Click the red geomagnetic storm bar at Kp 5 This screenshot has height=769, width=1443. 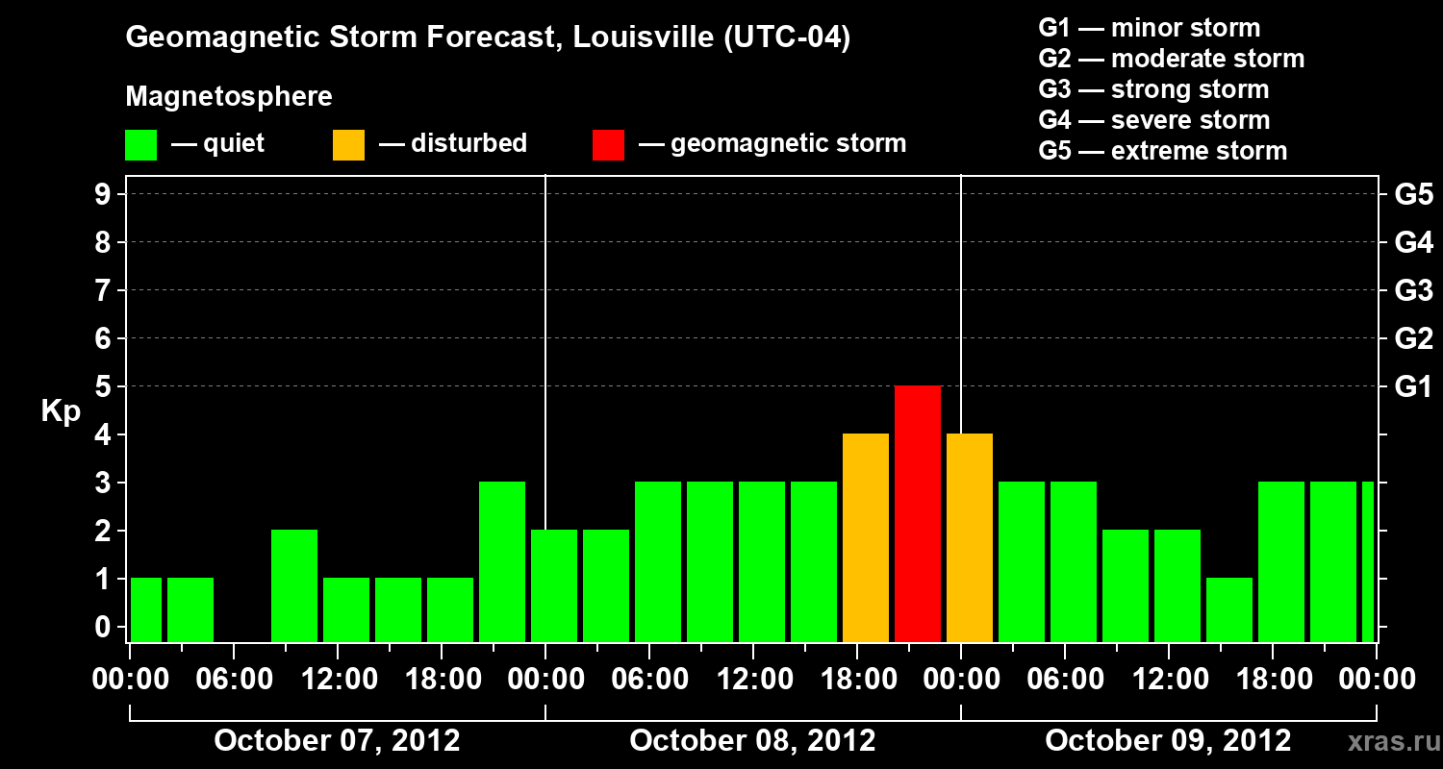pos(918,513)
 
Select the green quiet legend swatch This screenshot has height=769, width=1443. pos(140,145)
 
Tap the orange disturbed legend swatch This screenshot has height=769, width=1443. pos(348,145)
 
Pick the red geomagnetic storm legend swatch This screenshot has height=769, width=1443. pos(608,145)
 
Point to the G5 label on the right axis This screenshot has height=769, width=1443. pos(1413,195)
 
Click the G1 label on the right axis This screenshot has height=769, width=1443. pos(1413,387)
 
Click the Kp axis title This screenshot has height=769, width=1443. pos(61,412)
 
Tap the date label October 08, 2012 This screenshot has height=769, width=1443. pos(752,741)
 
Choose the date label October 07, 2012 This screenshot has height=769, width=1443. pos(337,741)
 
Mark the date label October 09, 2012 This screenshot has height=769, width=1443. pos(1168,741)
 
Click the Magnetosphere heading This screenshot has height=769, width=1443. pos(229,97)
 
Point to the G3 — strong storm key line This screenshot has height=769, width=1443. pos(1153,89)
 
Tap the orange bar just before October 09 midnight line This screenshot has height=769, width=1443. pos(866,537)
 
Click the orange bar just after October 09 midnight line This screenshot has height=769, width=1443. pos(970,537)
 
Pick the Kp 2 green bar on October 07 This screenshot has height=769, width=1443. pos(294,585)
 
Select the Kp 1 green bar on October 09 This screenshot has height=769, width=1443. pos(1229,609)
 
